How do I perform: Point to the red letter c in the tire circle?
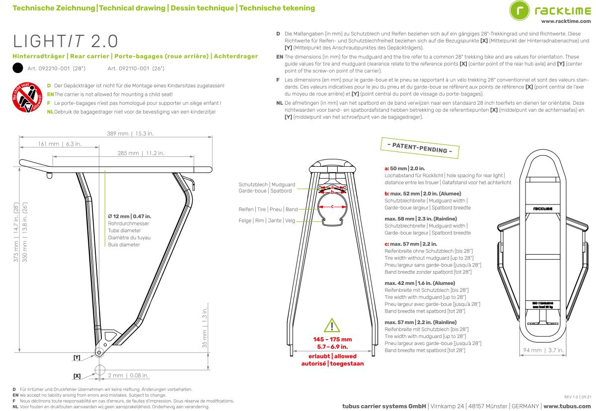pyautogui.click(x=333, y=205)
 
